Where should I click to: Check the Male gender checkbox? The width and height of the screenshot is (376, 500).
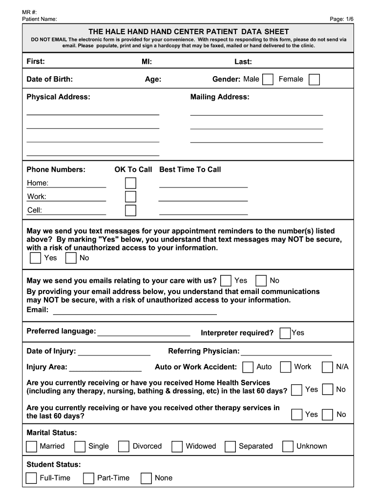point(268,80)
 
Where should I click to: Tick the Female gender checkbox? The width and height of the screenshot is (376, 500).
point(314,80)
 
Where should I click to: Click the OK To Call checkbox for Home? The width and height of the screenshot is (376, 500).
point(130,183)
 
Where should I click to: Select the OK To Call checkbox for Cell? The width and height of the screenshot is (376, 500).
point(130,210)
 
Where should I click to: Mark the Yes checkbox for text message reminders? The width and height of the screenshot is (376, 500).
point(35,258)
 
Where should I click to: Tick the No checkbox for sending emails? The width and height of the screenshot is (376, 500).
point(261,281)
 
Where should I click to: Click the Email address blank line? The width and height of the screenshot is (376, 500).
point(134,311)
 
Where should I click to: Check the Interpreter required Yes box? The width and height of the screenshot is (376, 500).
point(285,333)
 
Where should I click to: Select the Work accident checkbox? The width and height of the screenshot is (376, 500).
point(286,367)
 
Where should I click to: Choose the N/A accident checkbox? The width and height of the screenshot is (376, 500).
point(328,367)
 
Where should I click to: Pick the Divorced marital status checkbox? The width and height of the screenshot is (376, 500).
point(124,446)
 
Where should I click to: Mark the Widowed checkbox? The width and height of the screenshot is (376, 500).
point(177,446)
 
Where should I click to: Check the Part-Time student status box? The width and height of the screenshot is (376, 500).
point(88,479)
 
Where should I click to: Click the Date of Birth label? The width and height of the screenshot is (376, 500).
point(50,80)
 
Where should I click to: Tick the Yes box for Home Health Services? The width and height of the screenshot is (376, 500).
point(296,390)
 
